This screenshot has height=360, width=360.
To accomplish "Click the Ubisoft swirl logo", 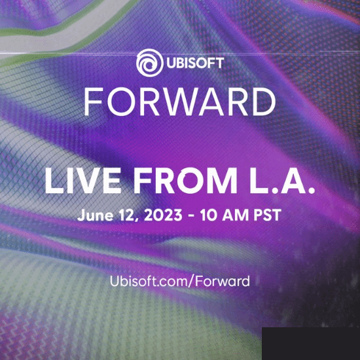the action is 150,63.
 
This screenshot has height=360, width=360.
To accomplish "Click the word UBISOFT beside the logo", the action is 195,63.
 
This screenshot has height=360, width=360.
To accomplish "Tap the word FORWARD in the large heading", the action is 180,101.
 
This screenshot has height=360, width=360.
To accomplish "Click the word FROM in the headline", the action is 185,181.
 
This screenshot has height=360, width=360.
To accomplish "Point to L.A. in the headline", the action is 282,181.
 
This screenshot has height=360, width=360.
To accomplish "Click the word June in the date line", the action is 96,215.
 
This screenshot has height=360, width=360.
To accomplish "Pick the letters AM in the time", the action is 236,215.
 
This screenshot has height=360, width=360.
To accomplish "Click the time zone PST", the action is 268,215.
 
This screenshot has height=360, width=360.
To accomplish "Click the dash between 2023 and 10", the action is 191,216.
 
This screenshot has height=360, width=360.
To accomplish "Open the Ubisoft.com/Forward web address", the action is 180,281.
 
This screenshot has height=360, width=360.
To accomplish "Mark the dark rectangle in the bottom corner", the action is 311,344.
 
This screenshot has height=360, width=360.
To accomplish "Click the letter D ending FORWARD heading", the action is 264,101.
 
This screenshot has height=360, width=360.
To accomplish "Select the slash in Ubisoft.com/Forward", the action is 191,281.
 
